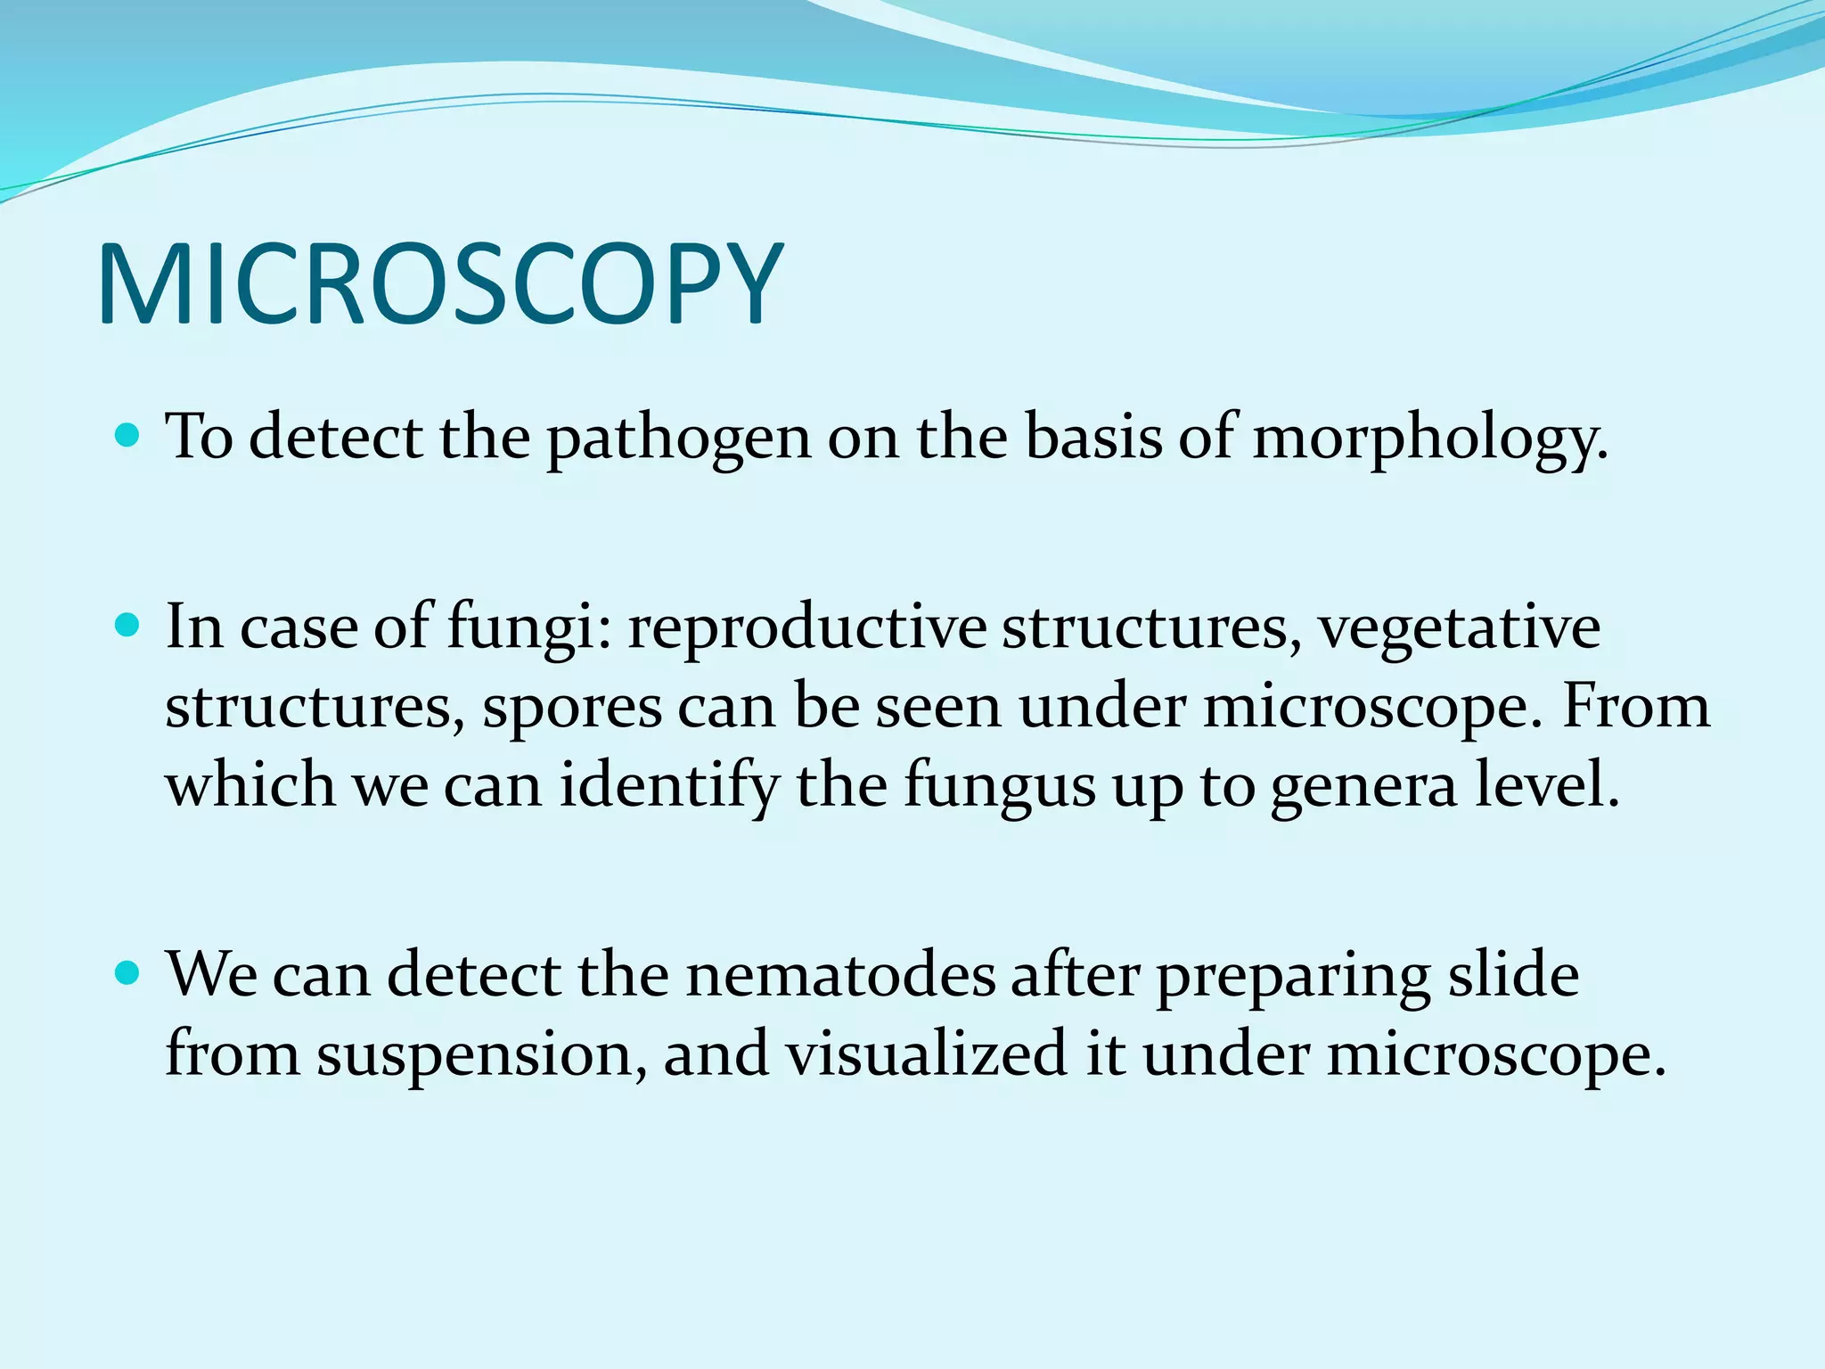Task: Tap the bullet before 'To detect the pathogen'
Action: point(128,436)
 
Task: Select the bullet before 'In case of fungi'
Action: point(128,626)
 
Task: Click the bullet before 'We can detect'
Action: point(128,973)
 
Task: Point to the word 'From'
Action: point(1636,706)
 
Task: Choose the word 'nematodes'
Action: point(840,975)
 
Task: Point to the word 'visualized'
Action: point(926,1053)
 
